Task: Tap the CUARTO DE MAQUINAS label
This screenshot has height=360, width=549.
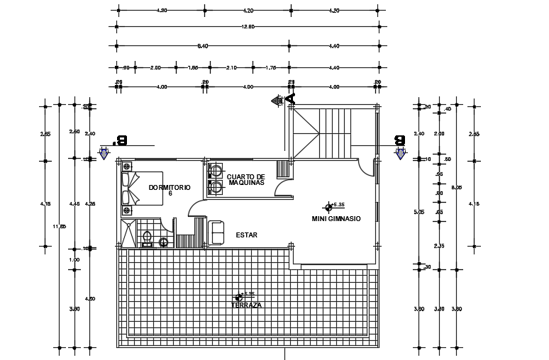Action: tap(246, 180)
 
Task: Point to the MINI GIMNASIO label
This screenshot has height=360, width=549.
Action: tap(336, 219)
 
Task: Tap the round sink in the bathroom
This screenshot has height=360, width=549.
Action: tap(164, 242)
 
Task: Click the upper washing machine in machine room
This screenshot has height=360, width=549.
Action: tap(214, 171)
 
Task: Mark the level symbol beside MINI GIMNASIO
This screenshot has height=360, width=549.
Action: tap(328, 207)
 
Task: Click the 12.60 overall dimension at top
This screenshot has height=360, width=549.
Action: tap(248, 27)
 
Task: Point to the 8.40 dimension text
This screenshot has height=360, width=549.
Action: tap(202, 46)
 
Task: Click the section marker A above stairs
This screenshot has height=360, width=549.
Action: tap(278, 101)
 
